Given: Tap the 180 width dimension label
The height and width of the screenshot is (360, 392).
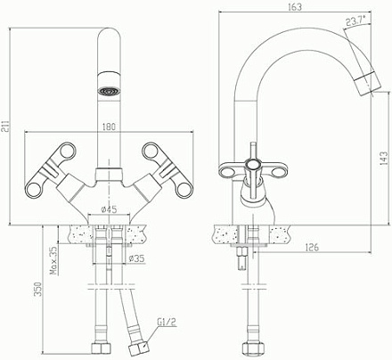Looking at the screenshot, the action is coord(109,127).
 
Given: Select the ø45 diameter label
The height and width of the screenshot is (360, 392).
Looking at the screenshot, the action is coord(109,209).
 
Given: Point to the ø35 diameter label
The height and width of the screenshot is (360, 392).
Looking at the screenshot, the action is coord(136,258).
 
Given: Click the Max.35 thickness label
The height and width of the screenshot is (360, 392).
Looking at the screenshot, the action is coord(53,261).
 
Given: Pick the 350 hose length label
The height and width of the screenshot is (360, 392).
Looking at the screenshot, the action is coord(38,289).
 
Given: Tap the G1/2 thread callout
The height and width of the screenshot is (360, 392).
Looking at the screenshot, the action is coord(167,322).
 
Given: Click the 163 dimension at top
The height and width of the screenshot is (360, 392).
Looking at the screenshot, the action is coord(295,7).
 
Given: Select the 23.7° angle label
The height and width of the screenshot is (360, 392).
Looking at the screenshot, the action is coord(355,20).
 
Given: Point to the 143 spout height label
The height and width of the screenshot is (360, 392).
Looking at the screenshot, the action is coord(384,159).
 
